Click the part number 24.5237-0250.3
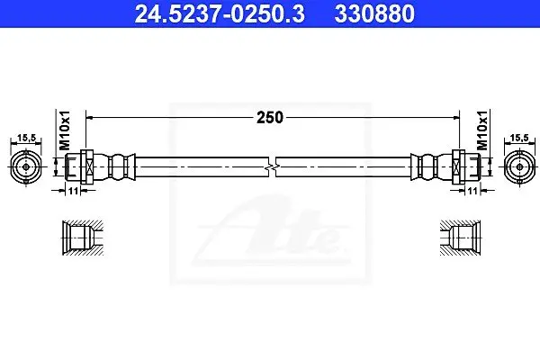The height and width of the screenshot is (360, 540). tap(220, 13)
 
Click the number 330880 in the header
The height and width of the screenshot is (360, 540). tap(374, 13)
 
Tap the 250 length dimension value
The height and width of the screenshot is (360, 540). tap(270, 118)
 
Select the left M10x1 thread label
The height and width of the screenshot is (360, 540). tap(65, 130)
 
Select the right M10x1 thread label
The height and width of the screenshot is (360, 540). tap(482, 130)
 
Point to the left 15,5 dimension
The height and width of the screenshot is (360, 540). tap(26, 138)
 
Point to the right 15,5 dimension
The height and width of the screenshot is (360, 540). tap(519, 138)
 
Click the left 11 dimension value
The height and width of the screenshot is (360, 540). tap(73, 191)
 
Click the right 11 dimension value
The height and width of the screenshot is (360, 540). tap(472, 191)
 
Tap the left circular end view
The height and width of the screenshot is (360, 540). tap(26, 167)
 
